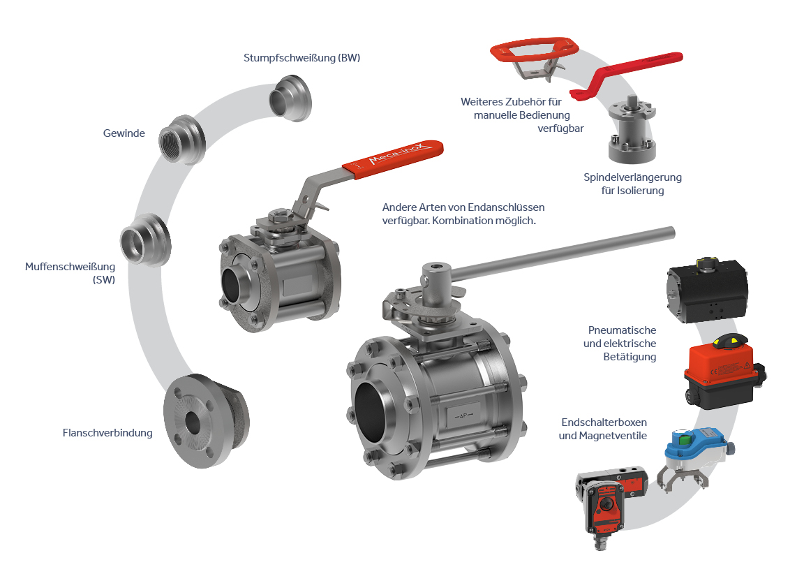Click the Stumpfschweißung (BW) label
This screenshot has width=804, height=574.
coord(301,58)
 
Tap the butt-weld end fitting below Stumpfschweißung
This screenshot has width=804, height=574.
coord(290,98)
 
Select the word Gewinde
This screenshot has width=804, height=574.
coord(124,133)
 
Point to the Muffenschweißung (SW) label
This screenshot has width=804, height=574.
coord(70,273)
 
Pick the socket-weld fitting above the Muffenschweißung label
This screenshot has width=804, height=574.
coord(146,240)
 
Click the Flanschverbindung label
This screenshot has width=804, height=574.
coord(107,433)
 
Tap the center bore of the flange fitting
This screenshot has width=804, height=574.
coord(193,422)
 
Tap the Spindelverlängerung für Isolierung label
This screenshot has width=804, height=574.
coord(633,184)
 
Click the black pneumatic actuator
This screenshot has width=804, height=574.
coord(707,290)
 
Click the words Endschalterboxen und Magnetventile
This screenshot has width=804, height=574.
coord(604,429)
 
